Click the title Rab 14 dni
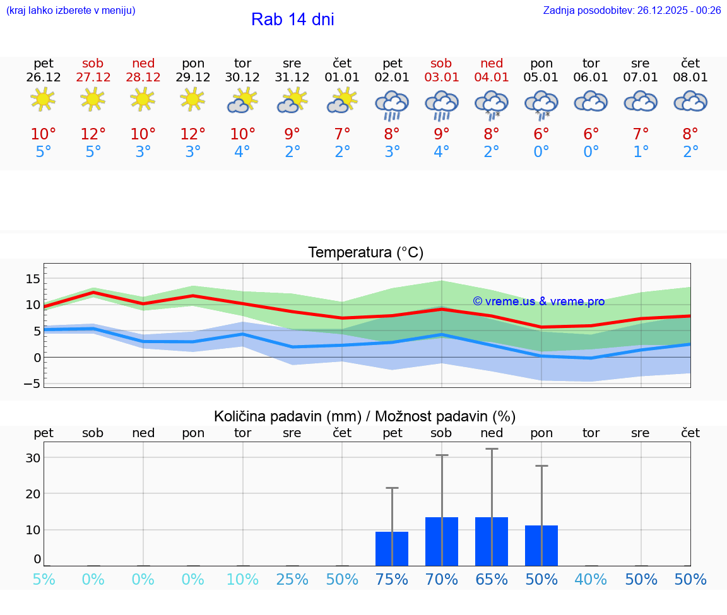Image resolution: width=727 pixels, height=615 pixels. [292, 20]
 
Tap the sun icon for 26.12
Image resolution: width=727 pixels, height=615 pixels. [43, 99]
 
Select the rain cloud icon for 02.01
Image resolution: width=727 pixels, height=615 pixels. [392, 105]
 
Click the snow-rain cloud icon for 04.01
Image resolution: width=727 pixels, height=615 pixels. [492, 105]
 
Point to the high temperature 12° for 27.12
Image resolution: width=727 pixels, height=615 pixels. [93, 134]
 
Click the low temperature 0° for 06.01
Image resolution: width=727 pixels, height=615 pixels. [591, 152]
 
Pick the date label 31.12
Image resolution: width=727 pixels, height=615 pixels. [292, 78]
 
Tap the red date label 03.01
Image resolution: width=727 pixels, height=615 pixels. [441, 78]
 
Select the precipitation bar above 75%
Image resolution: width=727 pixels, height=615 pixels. [392, 549]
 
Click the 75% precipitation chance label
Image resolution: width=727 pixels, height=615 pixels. [392, 580]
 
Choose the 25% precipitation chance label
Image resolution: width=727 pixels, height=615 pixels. [292, 580]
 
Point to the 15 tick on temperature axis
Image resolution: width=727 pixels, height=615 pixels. [33, 279]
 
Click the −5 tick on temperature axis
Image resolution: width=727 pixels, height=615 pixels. [32, 384]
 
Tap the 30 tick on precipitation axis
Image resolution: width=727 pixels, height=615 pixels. [33, 458]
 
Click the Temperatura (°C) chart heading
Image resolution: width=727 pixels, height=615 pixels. [365, 253]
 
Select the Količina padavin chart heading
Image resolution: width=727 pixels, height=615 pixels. [365, 416]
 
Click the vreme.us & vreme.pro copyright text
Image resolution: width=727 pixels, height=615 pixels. [539, 302]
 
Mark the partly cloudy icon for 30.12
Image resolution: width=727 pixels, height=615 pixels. [242, 101]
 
